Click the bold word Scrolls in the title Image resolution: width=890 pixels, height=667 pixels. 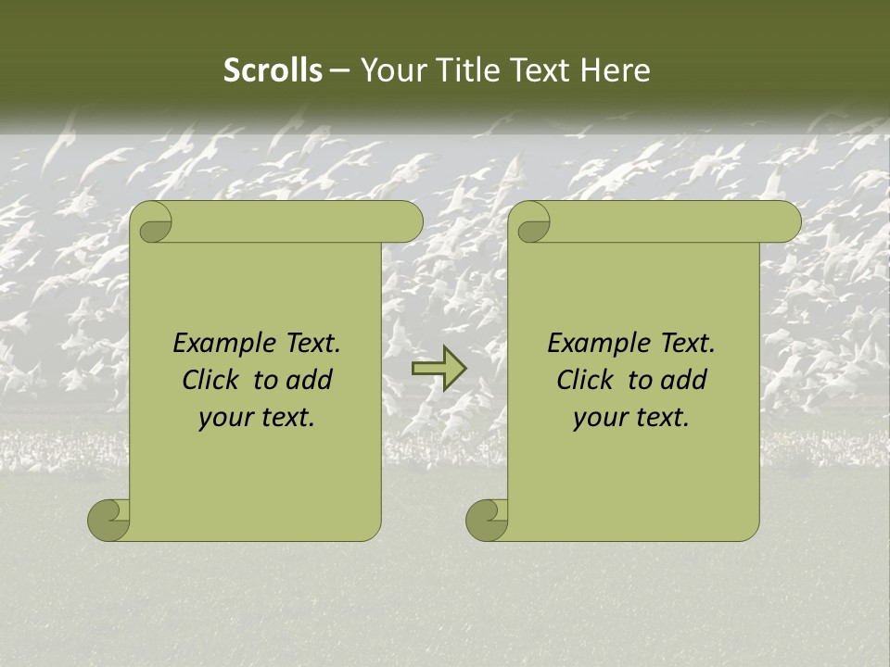pyautogui.click(x=273, y=70)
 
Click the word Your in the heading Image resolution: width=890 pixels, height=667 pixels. pyautogui.click(x=389, y=70)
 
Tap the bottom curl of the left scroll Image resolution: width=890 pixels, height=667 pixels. pyautogui.click(x=109, y=520)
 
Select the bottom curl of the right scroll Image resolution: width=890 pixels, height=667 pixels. pyautogui.click(x=488, y=520)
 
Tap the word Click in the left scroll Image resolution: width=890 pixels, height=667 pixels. pyautogui.click(x=213, y=380)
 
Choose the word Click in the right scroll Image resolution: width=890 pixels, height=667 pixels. pyautogui.click(x=588, y=380)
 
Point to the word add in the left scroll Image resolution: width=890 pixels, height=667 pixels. pyautogui.click(x=310, y=380)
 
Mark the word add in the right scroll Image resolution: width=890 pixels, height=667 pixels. pyautogui.click(x=684, y=380)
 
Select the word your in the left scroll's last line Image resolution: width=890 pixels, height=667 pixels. pyautogui.click(x=225, y=418)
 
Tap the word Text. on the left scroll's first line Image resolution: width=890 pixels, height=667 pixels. pyautogui.click(x=309, y=343)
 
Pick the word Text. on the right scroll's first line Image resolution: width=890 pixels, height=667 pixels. pyautogui.click(x=683, y=343)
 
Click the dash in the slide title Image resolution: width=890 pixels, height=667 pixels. pyautogui.click(x=339, y=70)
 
